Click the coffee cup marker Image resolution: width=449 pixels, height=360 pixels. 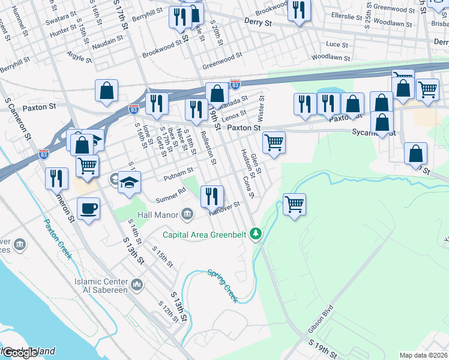click(89, 208)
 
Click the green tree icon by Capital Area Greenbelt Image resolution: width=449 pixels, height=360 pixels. click(256, 233)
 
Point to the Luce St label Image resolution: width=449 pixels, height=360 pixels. click(337, 44)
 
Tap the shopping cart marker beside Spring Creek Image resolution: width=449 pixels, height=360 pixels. click(294, 204)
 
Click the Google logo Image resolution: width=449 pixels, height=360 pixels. click(20, 353)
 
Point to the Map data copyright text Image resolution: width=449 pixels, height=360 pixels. click(423, 355)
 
